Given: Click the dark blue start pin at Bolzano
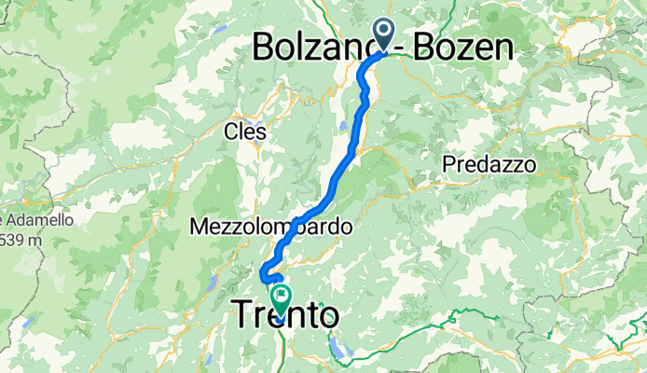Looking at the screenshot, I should (386, 34).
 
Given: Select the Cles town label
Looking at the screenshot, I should (245, 132).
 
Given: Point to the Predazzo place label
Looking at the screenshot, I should (489, 164).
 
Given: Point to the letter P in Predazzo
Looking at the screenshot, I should (450, 164).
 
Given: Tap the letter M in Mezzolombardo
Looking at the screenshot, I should (198, 227).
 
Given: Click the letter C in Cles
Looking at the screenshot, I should (230, 132).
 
